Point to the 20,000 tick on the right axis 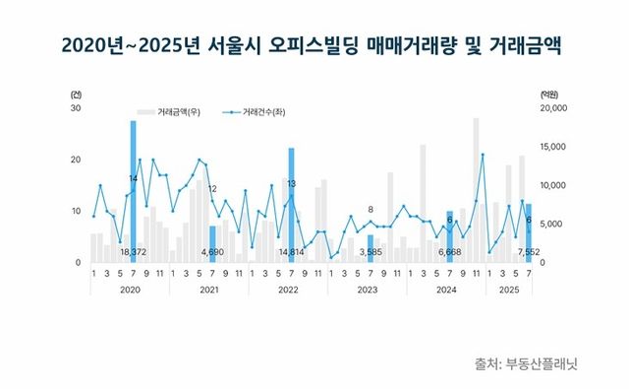(554, 108)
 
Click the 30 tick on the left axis (76, 108)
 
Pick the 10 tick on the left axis (76, 211)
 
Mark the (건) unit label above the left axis (78, 93)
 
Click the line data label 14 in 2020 (134, 178)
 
